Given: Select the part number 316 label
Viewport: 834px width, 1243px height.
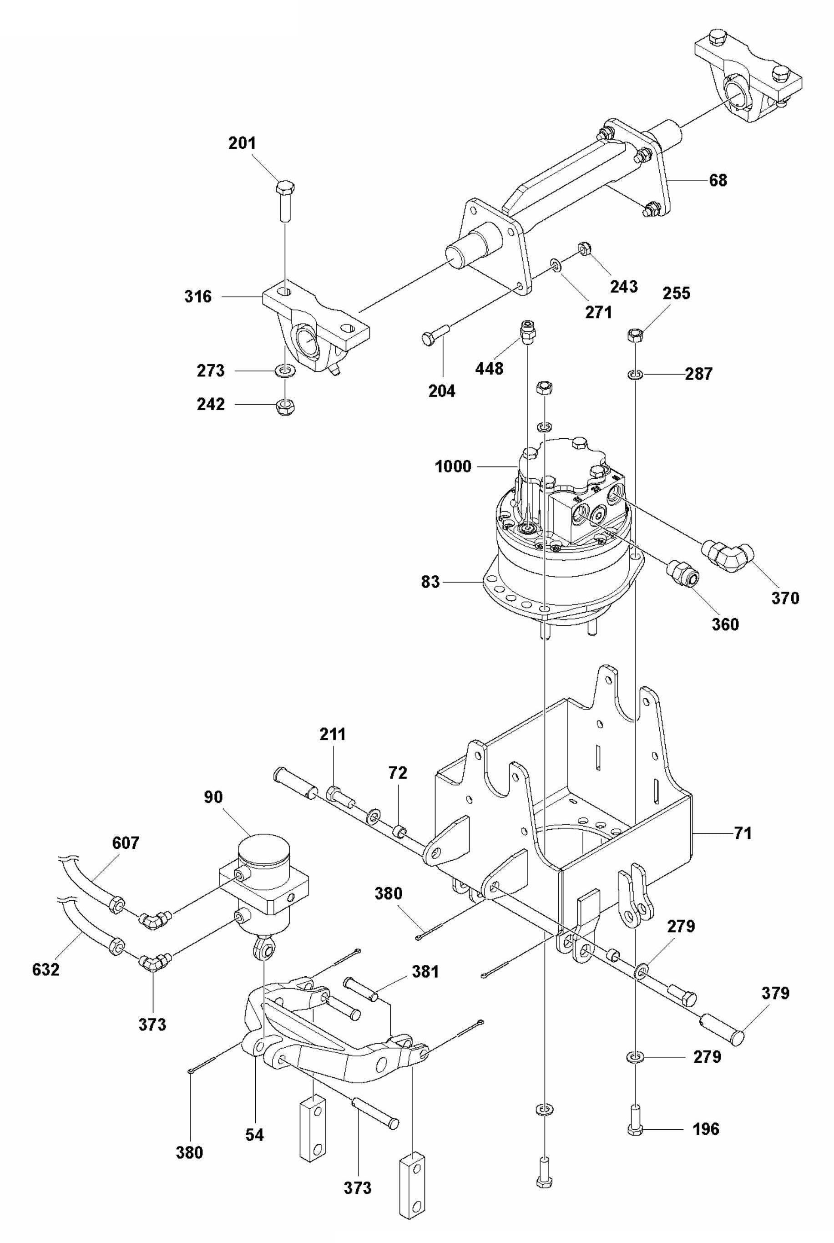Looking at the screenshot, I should (x=198, y=296).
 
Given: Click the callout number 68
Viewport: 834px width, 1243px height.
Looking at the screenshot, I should (x=718, y=180).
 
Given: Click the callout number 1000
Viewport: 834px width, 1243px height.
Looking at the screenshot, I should (x=453, y=467).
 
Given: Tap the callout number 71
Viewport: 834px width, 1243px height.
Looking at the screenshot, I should (x=743, y=833).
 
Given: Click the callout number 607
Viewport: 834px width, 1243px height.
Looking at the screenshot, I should (x=126, y=843).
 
